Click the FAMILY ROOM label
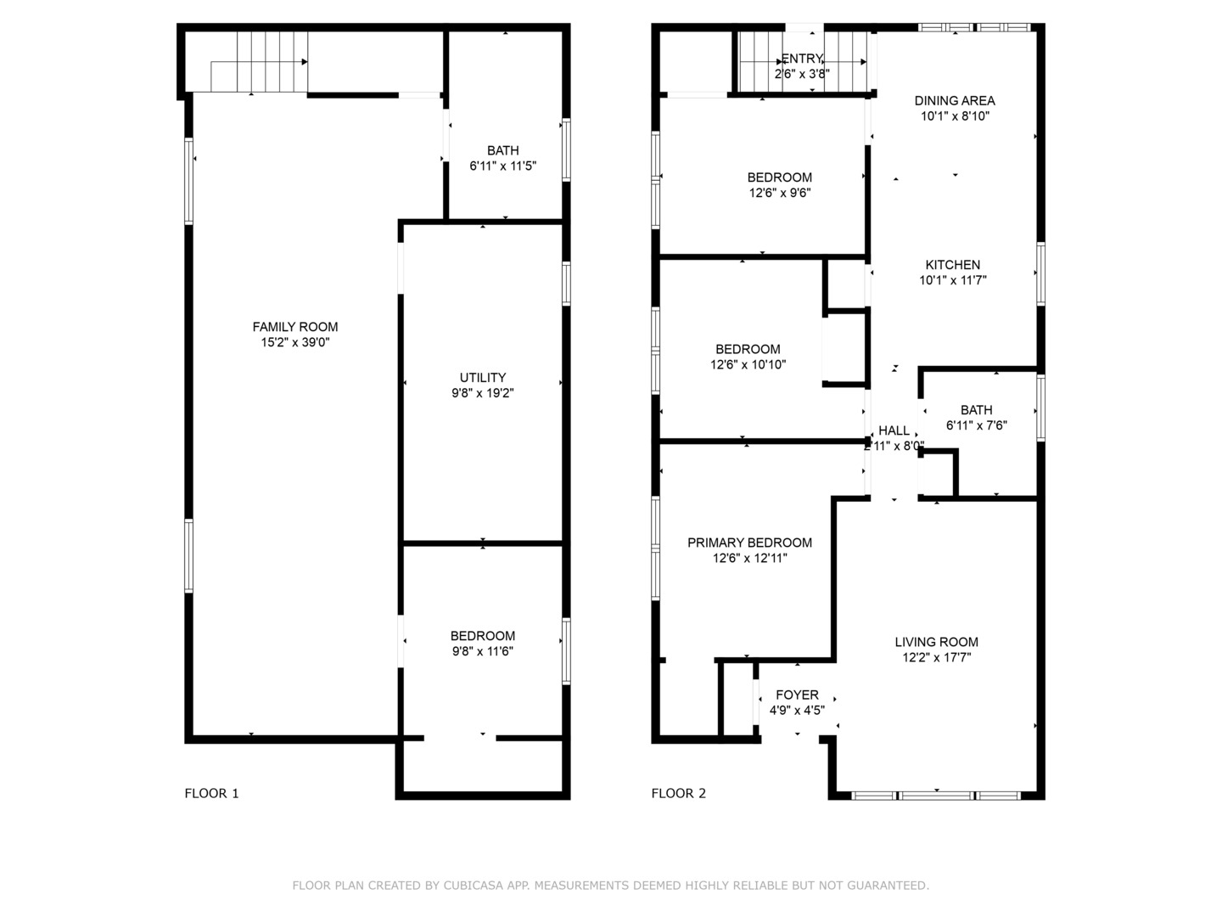(x=294, y=327)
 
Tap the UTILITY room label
(x=482, y=378)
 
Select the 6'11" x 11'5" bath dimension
(x=502, y=166)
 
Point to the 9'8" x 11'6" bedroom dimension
(x=482, y=651)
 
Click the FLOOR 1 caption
(x=211, y=793)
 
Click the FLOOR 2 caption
(x=678, y=793)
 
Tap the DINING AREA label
(x=955, y=100)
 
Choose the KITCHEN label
(x=952, y=265)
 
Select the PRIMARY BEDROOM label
(x=749, y=543)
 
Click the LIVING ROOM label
(x=936, y=642)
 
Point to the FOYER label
(x=797, y=695)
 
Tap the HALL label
(x=894, y=430)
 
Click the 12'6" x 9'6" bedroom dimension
(x=779, y=193)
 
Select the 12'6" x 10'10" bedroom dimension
(x=748, y=364)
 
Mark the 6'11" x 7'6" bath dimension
(x=976, y=425)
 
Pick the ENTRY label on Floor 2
(x=802, y=59)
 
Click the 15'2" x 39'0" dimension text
(x=294, y=342)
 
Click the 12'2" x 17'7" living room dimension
(x=936, y=657)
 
